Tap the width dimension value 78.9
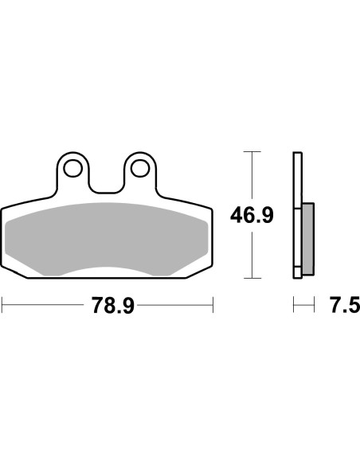click(107, 305)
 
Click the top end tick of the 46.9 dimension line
click(252, 150)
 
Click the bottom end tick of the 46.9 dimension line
click(252, 278)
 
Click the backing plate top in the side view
click(298, 153)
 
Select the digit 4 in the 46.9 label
click(236, 214)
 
